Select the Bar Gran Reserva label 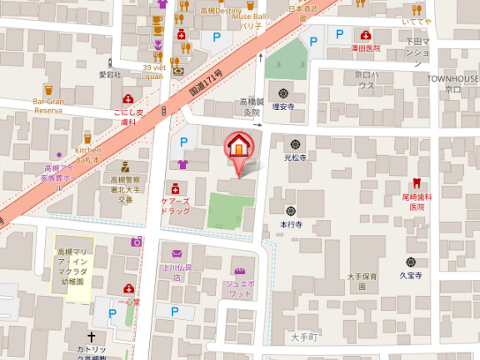[x=48, y=106]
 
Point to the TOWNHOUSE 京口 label [x=453, y=82]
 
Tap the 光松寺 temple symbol [x=296, y=142]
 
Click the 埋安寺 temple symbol [x=281, y=92]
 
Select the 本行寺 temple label [x=290, y=224]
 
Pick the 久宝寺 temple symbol [x=412, y=262]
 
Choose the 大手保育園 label [x=362, y=280]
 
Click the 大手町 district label [x=305, y=337]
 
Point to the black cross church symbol [x=91, y=335]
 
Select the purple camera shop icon [x=136, y=241]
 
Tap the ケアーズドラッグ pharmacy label [x=175, y=206]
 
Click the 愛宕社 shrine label [x=110, y=74]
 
